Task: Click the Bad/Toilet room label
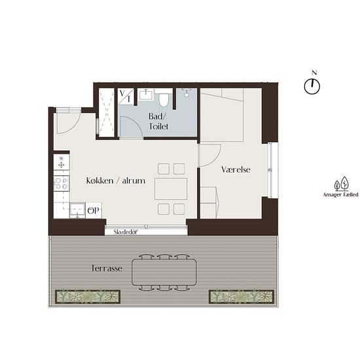click(158, 122)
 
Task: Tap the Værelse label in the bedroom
click(236, 170)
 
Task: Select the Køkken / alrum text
click(116, 181)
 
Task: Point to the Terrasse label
click(107, 268)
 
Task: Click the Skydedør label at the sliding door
click(126, 232)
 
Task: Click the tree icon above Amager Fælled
click(342, 184)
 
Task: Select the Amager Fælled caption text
click(341, 194)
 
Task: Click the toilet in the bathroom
click(164, 99)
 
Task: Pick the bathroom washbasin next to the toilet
click(145, 95)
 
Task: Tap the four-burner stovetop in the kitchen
click(62, 183)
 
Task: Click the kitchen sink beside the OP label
click(78, 210)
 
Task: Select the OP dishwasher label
click(94, 210)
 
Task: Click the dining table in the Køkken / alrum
click(171, 189)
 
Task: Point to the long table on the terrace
click(164, 272)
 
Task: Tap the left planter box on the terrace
click(88, 297)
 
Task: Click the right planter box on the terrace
click(242, 297)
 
